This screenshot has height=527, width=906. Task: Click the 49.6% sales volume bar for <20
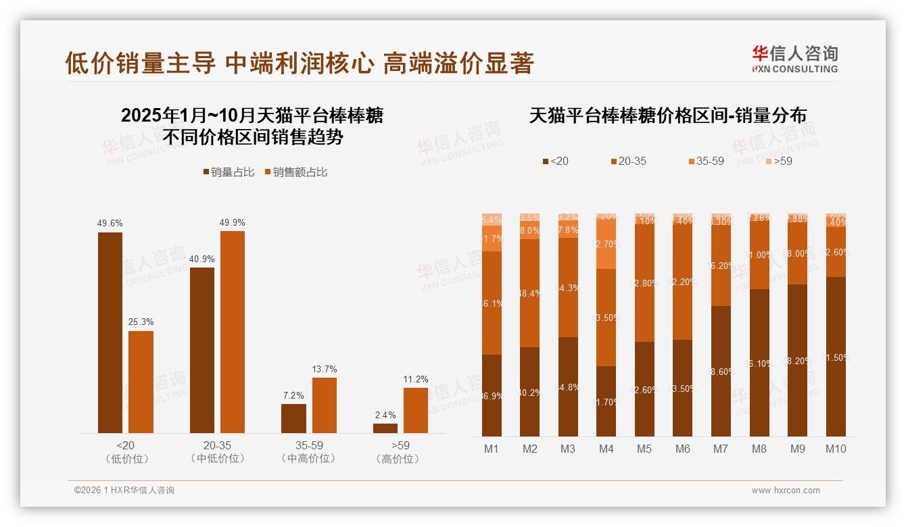pyautogui.click(x=110, y=332)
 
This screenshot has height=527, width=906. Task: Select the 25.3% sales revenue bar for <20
pyautogui.click(x=141, y=382)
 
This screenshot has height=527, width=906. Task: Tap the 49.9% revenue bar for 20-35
pyautogui.click(x=233, y=332)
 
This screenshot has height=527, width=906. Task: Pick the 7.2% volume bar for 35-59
pyautogui.click(x=293, y=418)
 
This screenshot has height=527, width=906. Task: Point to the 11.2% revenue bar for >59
pyautogui.click(x=415, y=410)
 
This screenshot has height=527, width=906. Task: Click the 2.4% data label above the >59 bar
pyautogui.click(x=385, y=415)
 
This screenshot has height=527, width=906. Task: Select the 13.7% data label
pyautogui.click(x=325, y=369)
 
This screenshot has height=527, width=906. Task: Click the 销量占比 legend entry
pyautogui.click(x=229, y=172)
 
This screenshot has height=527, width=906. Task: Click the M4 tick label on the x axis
pyautogui.click(x=606, y=449)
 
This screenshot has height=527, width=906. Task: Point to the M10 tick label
pyautogui.click(x=836, y=449)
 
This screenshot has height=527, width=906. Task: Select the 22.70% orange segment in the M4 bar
pyautogui.click(x=606, y=244)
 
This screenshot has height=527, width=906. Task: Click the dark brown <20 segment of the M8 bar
pyautogui.click(x=760, y=363)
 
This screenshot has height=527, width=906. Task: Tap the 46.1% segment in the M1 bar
pyautogui.click(x=492, y=303)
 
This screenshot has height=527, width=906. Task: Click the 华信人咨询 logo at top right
pyautogui.click(x=794, y=59)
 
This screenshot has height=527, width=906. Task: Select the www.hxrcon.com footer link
pyautogui.click(x=786, y=491)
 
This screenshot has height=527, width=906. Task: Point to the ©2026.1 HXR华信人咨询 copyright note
pyautogui.click(x=124, y=491)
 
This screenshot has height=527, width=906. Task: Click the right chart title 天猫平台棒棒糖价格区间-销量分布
pyautogui.click(x=667, y=116)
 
